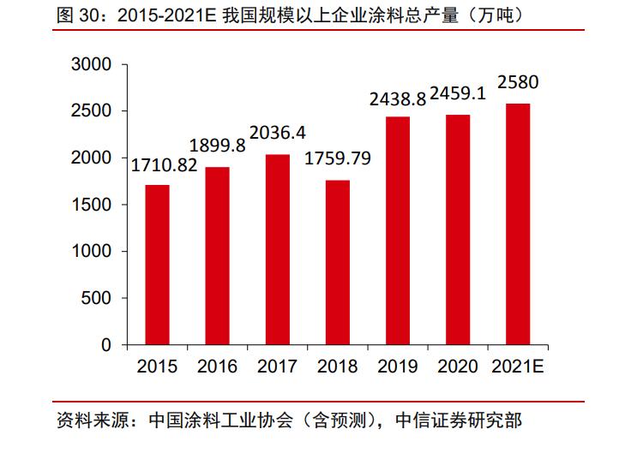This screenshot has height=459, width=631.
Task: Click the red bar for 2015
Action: (x=157, y=265)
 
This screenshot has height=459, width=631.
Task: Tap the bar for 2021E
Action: (x=518, y=224)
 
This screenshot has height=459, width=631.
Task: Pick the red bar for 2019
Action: (x=398, y=230)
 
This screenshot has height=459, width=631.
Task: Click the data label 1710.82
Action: (x=163, y=164)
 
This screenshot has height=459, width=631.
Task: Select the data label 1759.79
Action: (x=338, y=159)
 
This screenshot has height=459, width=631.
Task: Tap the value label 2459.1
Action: (x=458, y=93)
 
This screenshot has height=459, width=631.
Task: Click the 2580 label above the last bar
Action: (x=518, y=84)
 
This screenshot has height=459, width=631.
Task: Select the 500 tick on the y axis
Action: (x=97, y=298)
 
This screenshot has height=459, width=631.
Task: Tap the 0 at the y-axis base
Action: (x=106, y=345)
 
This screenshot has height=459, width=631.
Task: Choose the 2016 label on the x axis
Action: (x=217, y=367)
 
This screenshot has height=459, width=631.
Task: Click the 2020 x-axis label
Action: (x=458, y=367)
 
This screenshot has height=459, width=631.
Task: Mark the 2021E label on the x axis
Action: (x=518, y=367)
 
